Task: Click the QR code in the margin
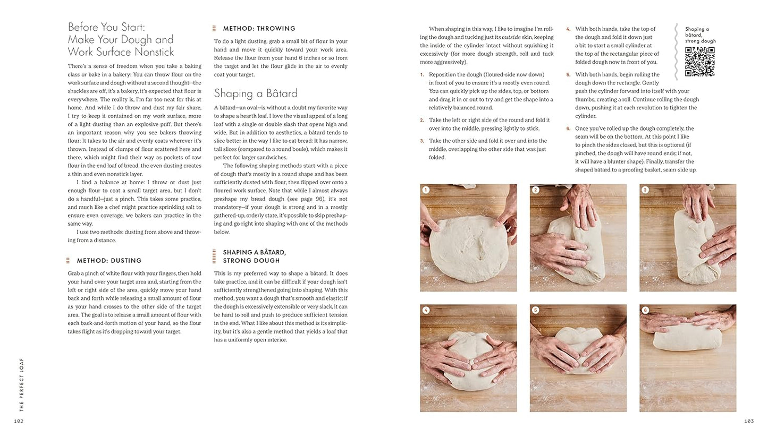click(699, 62)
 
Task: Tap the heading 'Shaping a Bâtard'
click(256, 93)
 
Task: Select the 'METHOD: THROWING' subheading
click(259, 29)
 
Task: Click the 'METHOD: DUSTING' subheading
click(109, 261)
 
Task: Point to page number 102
click(19, 421)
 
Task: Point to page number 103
click(748, 421)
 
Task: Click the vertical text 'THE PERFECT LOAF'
click(22, 385)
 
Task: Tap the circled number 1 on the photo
click(426, 190)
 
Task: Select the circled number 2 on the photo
click(536, 190)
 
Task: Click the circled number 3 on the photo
click(645, 190)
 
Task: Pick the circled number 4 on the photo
click(426, 310)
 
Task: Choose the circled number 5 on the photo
click(536, 310)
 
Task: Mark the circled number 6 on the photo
click(645, 310)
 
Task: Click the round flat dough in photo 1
click(465, 247)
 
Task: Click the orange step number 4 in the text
click(568, 29)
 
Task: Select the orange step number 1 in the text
click(422, 75)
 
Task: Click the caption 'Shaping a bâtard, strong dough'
click(700, 35)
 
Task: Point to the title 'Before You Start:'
click(106, 27)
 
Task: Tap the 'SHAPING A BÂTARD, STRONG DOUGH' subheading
click(254, 256)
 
